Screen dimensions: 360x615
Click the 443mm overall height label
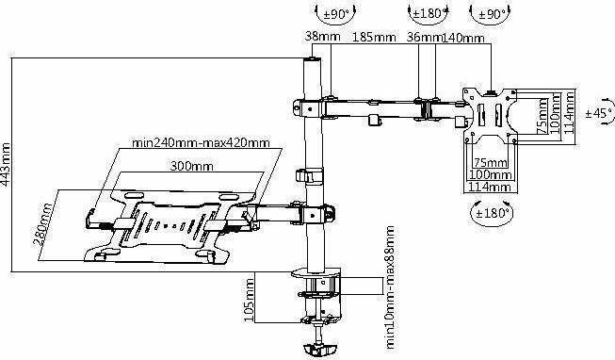click(x=8, y=164)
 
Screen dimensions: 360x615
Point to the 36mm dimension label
click(x=425, y=39)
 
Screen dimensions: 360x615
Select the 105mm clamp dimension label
click(x=249, y=299)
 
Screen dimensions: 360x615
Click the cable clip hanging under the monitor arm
click(x=374, y=121)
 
